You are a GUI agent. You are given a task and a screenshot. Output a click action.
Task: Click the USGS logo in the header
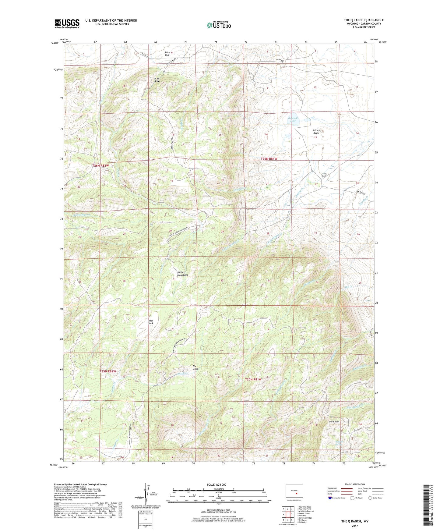click(x=67, y=23)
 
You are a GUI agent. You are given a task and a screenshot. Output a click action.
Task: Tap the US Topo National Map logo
click(x=218, y=25)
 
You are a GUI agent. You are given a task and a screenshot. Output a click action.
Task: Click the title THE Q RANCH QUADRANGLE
click(x=364, y=20)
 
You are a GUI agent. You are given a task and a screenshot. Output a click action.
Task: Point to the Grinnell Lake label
click(x=293, y=119)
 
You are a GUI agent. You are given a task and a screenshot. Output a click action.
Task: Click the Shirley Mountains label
click(x=183, y=274)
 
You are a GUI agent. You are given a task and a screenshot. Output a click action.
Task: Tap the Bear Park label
click(x=151, y=322)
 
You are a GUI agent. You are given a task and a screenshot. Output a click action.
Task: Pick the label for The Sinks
click(x=195, y=367)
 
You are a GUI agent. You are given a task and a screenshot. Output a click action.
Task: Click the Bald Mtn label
click(x=334, y=422)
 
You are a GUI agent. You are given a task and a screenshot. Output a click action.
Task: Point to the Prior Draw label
click(x=157, y=80)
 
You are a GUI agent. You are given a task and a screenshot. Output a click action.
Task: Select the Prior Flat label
click(x=167, y=54)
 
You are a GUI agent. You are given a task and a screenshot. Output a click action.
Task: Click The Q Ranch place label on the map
click(x=324, y=175)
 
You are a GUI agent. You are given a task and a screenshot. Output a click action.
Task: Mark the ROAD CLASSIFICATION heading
click(x=355, y=484)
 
